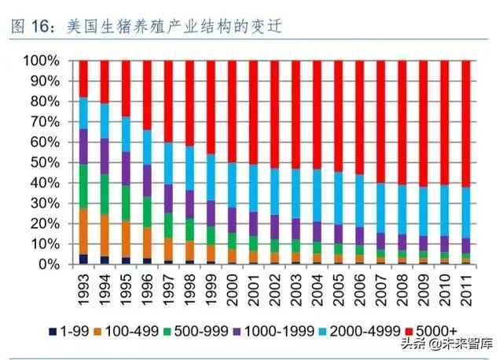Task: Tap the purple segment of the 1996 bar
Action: tap(148, 181)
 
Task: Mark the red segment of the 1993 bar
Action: tap(84, 79)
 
